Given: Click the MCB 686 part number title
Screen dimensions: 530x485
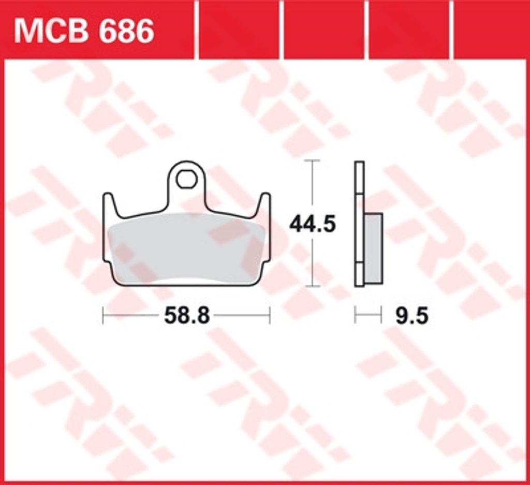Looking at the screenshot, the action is [x=84, y=31].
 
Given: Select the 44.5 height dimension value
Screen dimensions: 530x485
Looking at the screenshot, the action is [x=313, y=225].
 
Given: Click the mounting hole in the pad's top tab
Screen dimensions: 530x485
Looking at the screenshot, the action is [x=186, y=179].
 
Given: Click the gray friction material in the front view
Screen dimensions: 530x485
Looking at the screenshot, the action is [x=186, y=247].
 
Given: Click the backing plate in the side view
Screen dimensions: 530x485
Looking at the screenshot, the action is [x=359, y=224].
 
